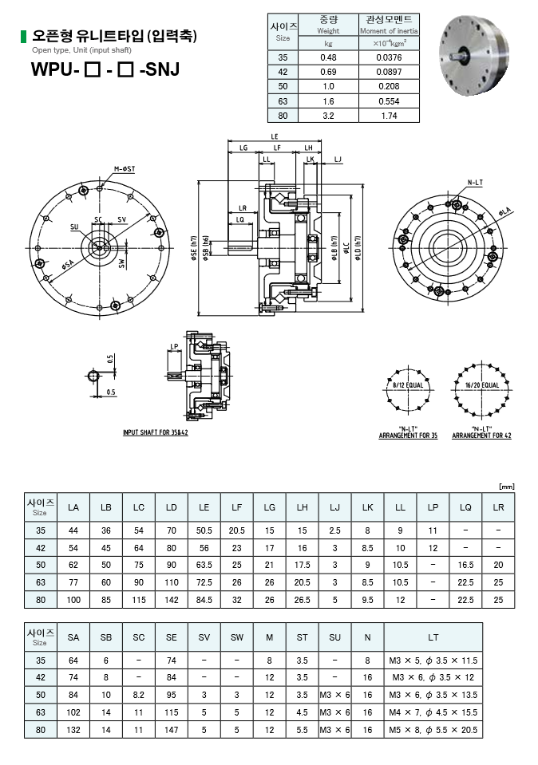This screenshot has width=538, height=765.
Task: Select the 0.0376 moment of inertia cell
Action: click(388, 57)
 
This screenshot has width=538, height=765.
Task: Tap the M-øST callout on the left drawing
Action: click(124, 168)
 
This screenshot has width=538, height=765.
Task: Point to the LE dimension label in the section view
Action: click(275, 136)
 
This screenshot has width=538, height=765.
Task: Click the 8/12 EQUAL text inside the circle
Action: click(408, 384)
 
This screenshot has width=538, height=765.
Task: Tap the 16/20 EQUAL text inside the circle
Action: click(480, 384)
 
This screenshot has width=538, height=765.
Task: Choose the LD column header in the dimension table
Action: click(172, 507)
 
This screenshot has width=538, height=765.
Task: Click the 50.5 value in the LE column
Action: click(204, 530)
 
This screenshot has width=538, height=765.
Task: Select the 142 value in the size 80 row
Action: click(172, 600)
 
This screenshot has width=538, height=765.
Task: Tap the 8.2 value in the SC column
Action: click(139, 695)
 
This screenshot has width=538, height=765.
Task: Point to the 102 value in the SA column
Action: click(73, 712)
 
